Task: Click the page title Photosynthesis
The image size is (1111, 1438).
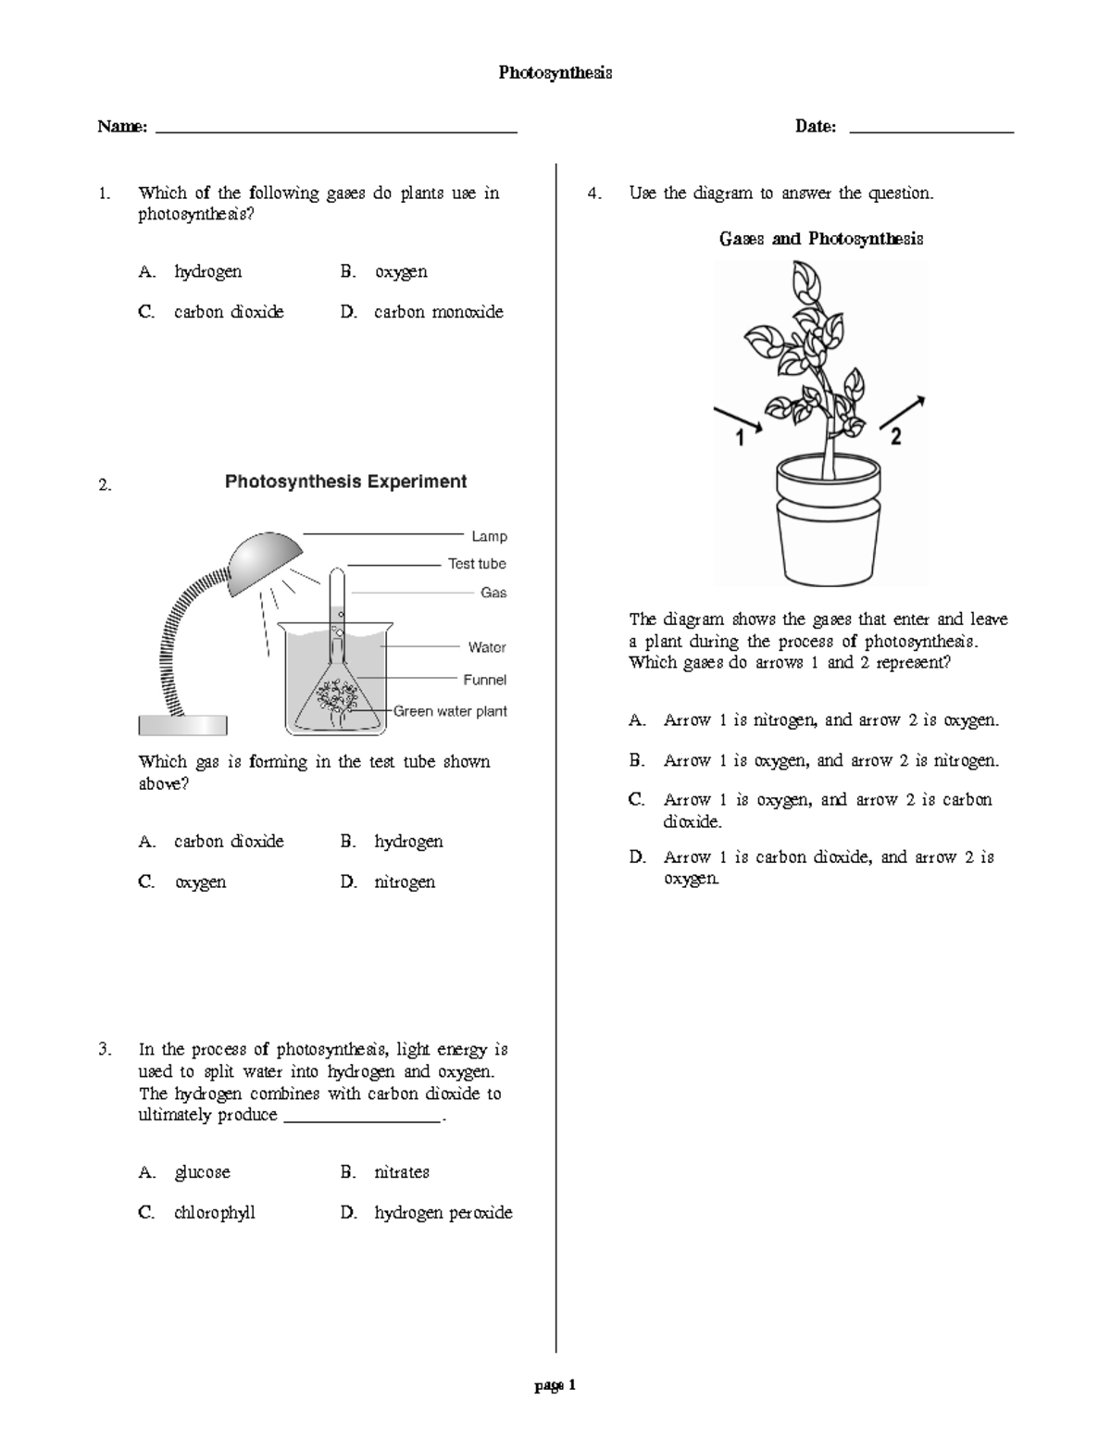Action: point(555,72)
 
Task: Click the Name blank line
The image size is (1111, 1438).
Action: point(336,131)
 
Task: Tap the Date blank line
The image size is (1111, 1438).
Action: point(930,131)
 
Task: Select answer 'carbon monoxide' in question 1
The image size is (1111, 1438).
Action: point(438,312)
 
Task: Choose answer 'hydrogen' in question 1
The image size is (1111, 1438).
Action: point(207,271)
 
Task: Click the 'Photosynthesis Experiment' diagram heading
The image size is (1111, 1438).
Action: point(345,481)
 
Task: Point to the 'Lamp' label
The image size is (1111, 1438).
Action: point(489,536)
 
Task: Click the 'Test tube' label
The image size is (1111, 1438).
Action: point(477,564)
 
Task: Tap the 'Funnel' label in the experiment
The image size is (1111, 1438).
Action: point(484,680)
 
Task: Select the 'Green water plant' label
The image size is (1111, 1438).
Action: point(451,711)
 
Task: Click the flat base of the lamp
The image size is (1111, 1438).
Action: point(182,725)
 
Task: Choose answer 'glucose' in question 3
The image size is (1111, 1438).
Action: point(202,1172)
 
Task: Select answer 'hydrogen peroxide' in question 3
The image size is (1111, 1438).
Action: point(443,1213)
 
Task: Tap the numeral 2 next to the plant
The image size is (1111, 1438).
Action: point(895,437)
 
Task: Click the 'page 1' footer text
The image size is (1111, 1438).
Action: point(555,1386)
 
